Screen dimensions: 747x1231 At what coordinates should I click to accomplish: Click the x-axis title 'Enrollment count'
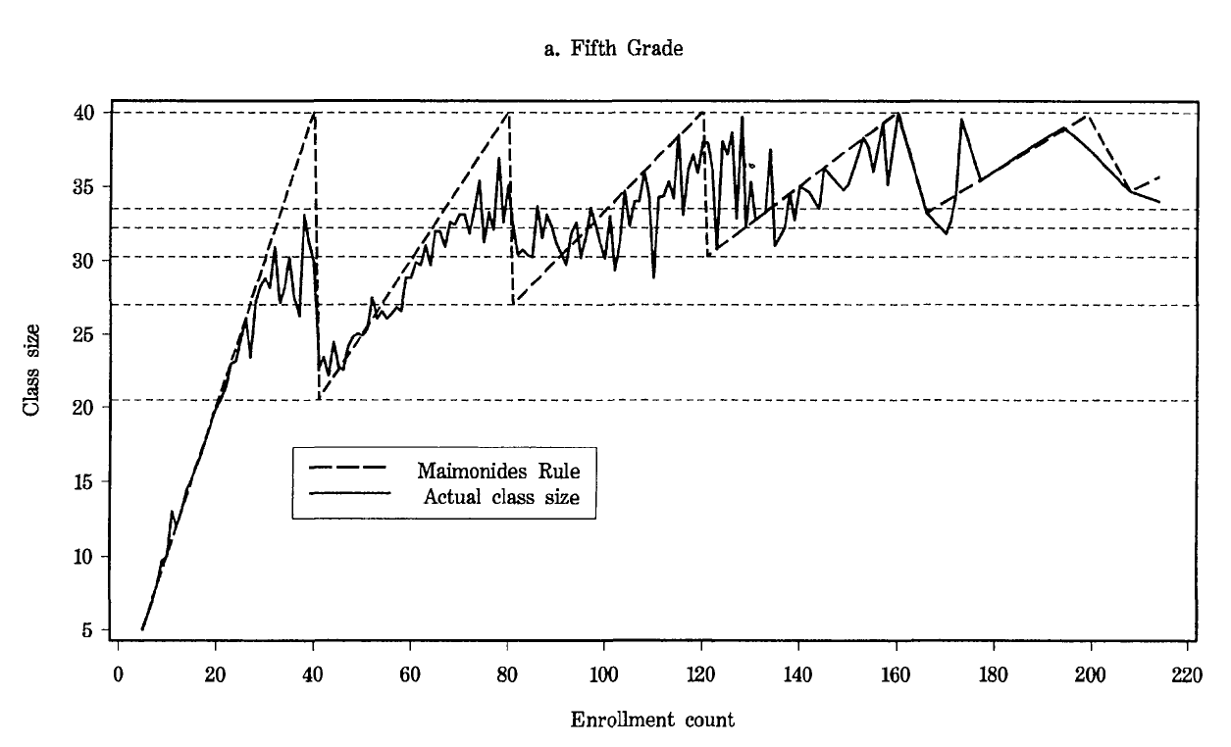[652, 721]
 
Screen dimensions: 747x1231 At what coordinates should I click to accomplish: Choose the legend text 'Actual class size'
[501, 497]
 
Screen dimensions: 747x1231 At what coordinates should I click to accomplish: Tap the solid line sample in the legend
[349, 493]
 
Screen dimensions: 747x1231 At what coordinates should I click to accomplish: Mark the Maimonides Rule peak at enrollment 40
[314, 114]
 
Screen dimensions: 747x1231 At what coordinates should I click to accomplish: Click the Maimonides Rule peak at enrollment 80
[509, 114]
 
